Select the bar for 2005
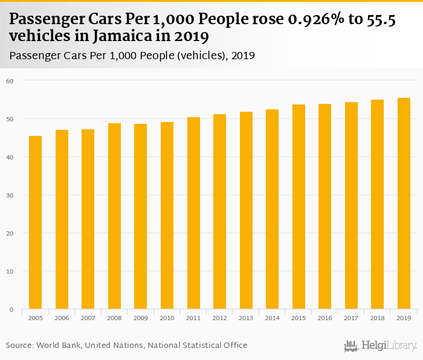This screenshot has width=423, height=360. point(35,222)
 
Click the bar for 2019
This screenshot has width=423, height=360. point(404,204)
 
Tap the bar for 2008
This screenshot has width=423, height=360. point(114,216)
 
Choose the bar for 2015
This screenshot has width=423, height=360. point(299,207)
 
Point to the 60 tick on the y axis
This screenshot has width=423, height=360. point(9,80)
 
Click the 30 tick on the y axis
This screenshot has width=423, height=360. point(9,195)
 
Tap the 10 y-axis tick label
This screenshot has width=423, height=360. point(9,271)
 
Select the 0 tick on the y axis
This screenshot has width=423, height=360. point(11,309)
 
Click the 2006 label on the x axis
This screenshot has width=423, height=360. point(62,318)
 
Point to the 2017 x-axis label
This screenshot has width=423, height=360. point(351,318)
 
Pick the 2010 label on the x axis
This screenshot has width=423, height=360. point(167,318)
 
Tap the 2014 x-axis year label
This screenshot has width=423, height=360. point(272,318)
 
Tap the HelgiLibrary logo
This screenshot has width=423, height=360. point(380,346)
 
